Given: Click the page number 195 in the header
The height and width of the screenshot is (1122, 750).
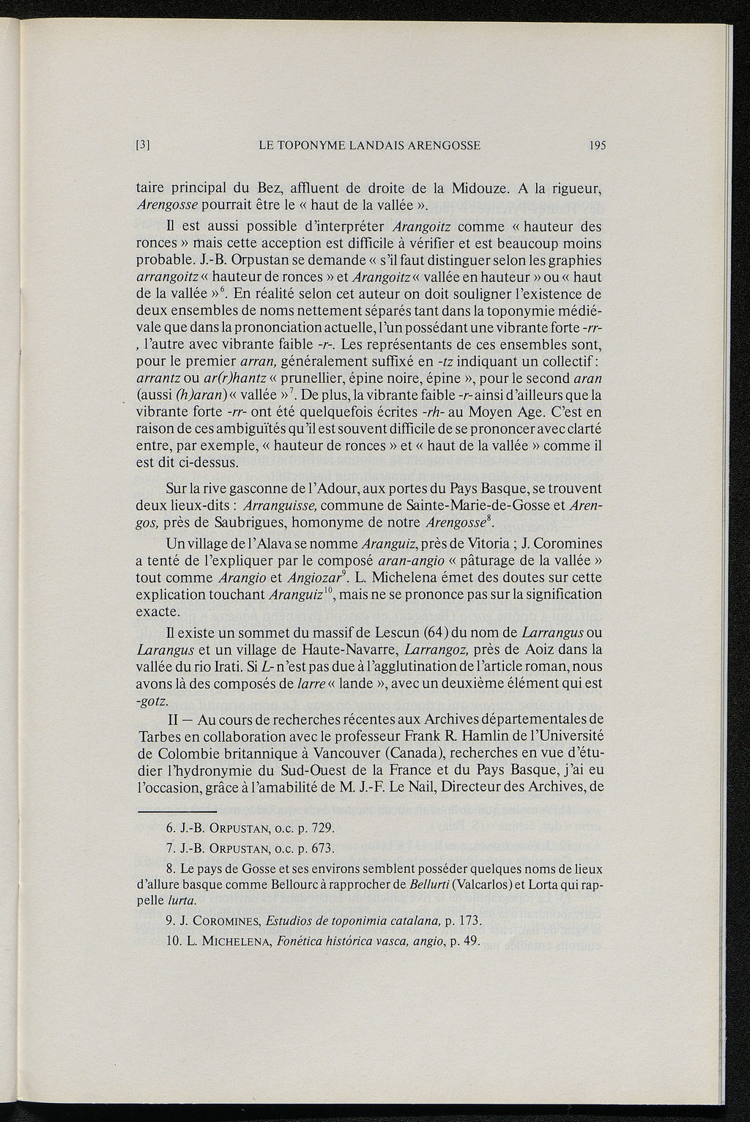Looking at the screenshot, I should [x=597, y=145].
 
